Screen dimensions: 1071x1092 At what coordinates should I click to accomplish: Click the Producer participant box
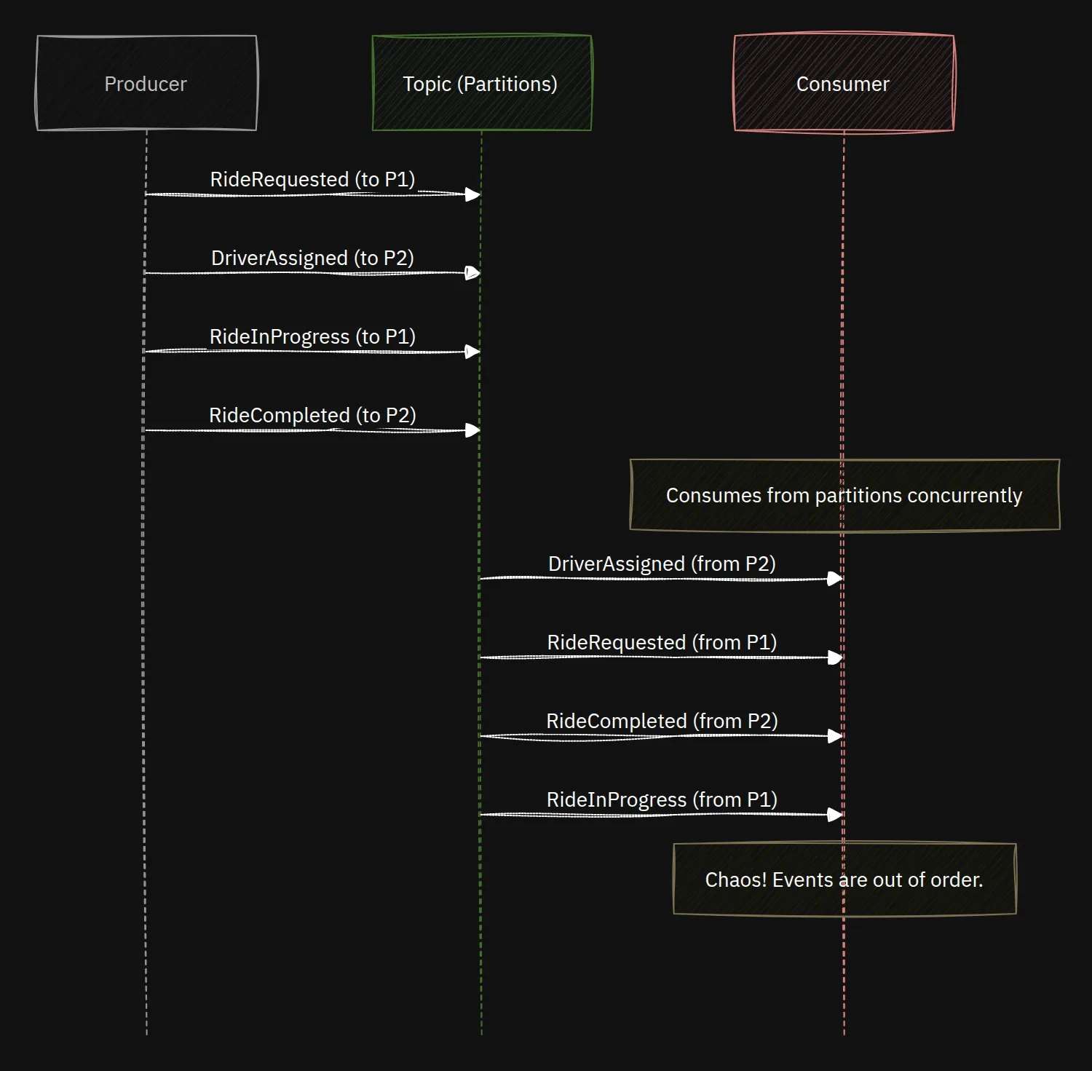coord(146,83)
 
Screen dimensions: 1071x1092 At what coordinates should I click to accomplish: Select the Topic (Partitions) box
coord(481,83)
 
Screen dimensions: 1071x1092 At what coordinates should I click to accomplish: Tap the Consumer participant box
coord(844,83)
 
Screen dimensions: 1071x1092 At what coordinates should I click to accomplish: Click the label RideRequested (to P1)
coord(312,179)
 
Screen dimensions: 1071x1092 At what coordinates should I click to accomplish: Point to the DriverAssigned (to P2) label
coord(312,258)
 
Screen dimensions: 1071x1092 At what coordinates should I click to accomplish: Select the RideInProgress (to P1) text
coord(312,336)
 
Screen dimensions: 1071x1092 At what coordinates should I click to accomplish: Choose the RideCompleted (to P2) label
coord(312,415)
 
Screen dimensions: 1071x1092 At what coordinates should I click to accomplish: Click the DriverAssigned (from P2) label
coord(662,564)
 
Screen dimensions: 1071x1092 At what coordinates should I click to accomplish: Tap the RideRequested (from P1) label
coord(662,642)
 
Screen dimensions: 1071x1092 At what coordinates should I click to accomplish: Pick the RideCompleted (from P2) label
coord(662,721)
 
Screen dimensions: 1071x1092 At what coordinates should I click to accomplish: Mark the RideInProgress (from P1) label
coord(662,799)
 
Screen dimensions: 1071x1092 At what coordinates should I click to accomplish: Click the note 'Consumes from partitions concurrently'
coord(844,495)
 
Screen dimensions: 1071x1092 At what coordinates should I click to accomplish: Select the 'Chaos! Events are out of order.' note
coord(844,880)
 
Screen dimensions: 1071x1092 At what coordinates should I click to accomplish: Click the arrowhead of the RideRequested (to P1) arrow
coord(473,194)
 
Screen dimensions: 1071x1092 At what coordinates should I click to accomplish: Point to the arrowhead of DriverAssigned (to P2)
coord(473,273)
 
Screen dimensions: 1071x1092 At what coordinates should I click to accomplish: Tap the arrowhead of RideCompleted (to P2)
coord(473,430)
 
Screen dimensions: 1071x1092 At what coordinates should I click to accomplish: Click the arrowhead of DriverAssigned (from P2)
coord(836,579)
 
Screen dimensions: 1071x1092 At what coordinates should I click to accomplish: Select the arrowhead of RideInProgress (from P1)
coord(836,815)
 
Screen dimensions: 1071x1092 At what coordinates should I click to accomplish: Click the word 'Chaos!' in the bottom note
coord(736,880)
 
